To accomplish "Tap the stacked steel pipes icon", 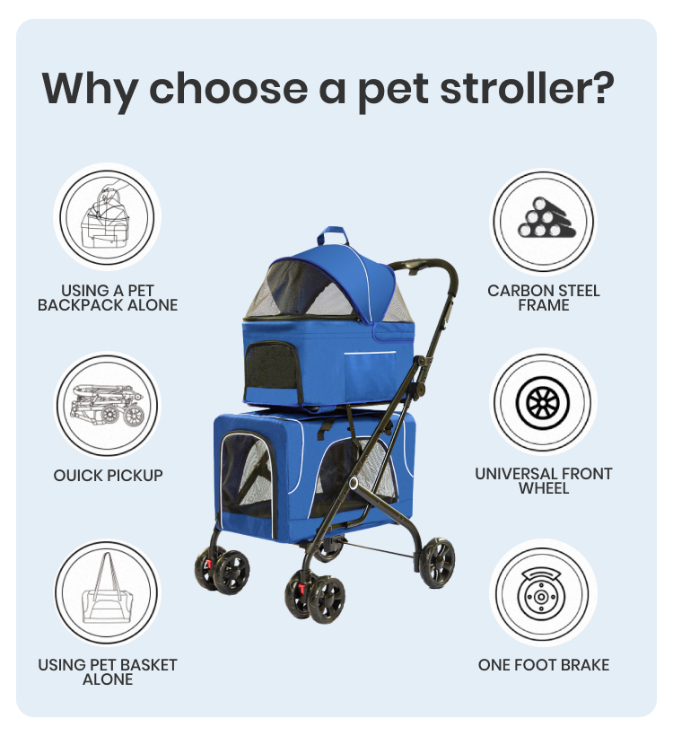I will click(543, 220).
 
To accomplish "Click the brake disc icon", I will click(543, 592).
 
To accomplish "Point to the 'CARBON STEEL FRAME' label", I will click(544, 298).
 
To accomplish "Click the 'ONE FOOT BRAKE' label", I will click(544, 665).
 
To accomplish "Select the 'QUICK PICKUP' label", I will click(108, 475).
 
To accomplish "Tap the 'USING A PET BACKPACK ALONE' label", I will click(108, 298).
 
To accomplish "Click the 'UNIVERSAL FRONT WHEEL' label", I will click(544, 481).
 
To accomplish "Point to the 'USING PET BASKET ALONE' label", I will click(108, 672).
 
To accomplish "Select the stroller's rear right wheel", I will click(437, 563).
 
